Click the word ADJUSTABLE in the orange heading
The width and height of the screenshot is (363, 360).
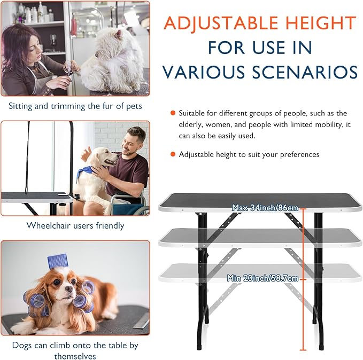coord(221,24)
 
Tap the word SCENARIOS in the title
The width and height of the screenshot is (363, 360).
coord(305,72)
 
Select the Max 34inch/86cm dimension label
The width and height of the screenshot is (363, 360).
coord(265,208)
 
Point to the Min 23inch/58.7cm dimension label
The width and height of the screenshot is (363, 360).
coord(262,278)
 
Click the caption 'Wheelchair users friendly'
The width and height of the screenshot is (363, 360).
coord(75,225)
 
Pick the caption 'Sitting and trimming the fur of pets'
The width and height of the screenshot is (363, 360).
coord(75,106)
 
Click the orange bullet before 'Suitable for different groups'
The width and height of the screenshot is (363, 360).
coord(173,113)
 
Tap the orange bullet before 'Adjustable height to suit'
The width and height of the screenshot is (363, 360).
coord(173,154)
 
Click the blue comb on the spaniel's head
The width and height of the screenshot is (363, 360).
coord(57,261)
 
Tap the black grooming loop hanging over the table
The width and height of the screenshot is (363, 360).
coord(27,158)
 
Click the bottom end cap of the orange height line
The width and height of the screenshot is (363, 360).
coord(303,350)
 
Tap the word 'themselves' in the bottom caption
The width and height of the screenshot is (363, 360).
coord(75,356)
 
